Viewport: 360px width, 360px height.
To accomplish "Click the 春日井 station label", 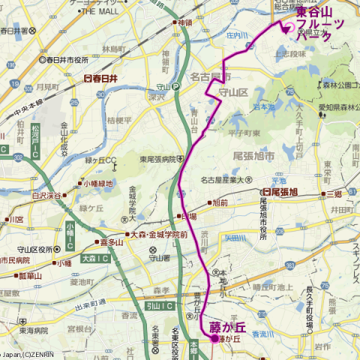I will click(x=103, y=77).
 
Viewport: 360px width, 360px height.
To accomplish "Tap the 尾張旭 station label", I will click(x=279, y=192).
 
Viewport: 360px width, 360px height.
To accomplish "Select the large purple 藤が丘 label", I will click(x=227, y=327).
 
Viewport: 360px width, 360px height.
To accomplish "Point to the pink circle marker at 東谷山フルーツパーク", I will click(x=288, y=28).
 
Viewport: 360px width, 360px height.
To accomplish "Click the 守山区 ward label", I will click(x=232, y=91).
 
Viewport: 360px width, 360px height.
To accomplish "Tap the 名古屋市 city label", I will click(x=209, y=77).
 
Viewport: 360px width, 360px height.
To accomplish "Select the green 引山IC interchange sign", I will click(x=159, y=306).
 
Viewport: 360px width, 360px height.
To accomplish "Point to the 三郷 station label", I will click(x=333, y=193).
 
